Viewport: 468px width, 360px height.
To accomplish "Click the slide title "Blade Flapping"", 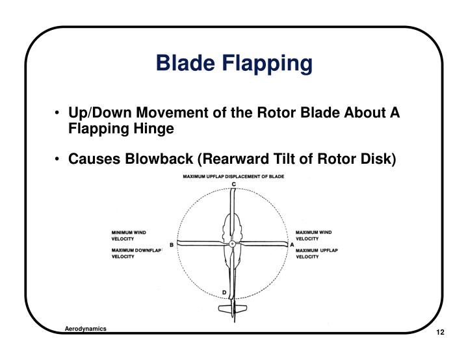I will pos(234,64).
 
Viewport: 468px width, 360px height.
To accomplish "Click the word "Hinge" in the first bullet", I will pos(154,128).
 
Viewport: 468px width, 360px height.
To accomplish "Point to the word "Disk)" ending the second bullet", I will pos(378,159).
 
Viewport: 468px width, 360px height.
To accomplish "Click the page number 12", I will pos(439,333).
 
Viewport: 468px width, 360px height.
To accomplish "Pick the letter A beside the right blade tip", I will pos(292,244).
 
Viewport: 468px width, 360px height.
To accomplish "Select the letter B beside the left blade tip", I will pos(171,245).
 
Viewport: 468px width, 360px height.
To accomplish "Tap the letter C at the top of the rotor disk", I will pos(233,185).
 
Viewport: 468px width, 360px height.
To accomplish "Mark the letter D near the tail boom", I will pos(224,292).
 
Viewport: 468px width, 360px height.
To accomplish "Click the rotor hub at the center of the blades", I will pos(232,244).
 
